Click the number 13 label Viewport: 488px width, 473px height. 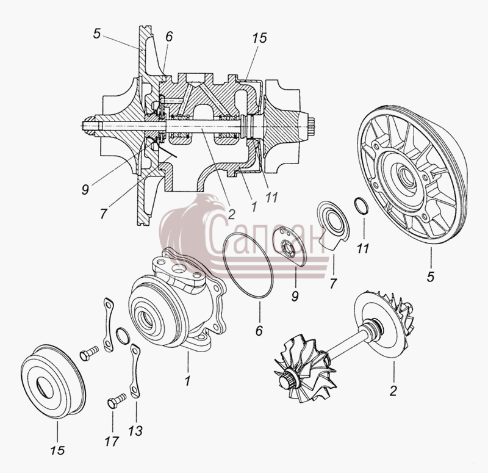tap(135, 431)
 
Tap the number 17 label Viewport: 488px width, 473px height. tap(112, 441)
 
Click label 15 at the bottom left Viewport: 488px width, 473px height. tap(57, 450)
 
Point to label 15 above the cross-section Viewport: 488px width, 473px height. tap(259, 38)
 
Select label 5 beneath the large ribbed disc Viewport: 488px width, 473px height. tap(431, 276)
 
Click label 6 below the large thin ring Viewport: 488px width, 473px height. tap(259, 330)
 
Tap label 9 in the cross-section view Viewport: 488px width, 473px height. tap(85, 189)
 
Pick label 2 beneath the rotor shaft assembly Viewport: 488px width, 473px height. tap(393, 391)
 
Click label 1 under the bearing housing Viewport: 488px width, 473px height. tap(187, 380)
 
